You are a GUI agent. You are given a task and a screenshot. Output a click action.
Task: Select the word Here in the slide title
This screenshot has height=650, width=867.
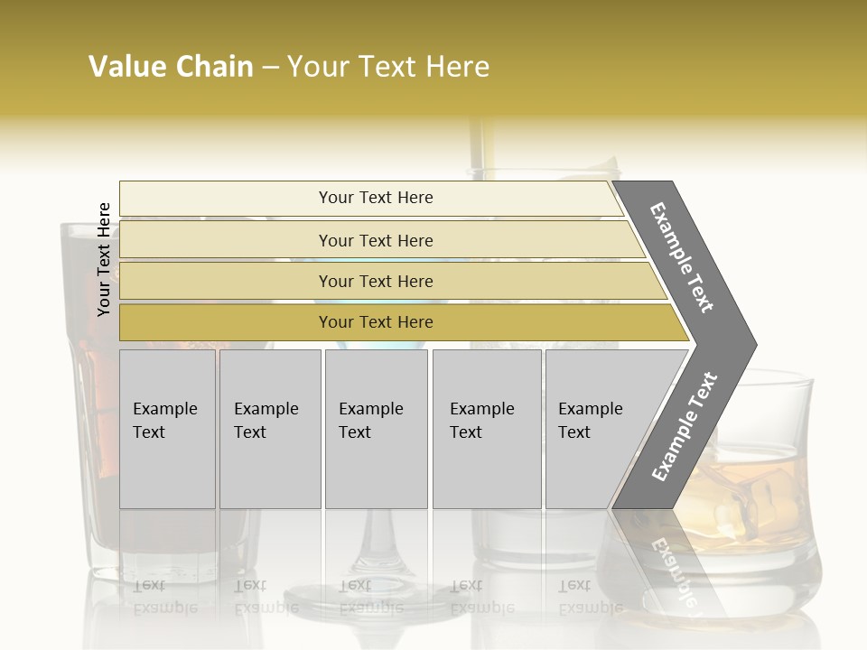457,67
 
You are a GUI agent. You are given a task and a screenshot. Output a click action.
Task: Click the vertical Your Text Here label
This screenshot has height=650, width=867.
104,259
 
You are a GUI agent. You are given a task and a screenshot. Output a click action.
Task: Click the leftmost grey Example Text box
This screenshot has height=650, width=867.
167,429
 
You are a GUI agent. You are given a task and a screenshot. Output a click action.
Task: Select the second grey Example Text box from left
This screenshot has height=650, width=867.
270,429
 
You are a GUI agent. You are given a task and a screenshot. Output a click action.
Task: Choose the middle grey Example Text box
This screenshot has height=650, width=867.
376,429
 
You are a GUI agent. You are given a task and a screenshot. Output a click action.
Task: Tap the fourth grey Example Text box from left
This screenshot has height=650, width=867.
487,429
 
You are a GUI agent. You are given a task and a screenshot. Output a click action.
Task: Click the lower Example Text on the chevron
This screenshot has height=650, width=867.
684,427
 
